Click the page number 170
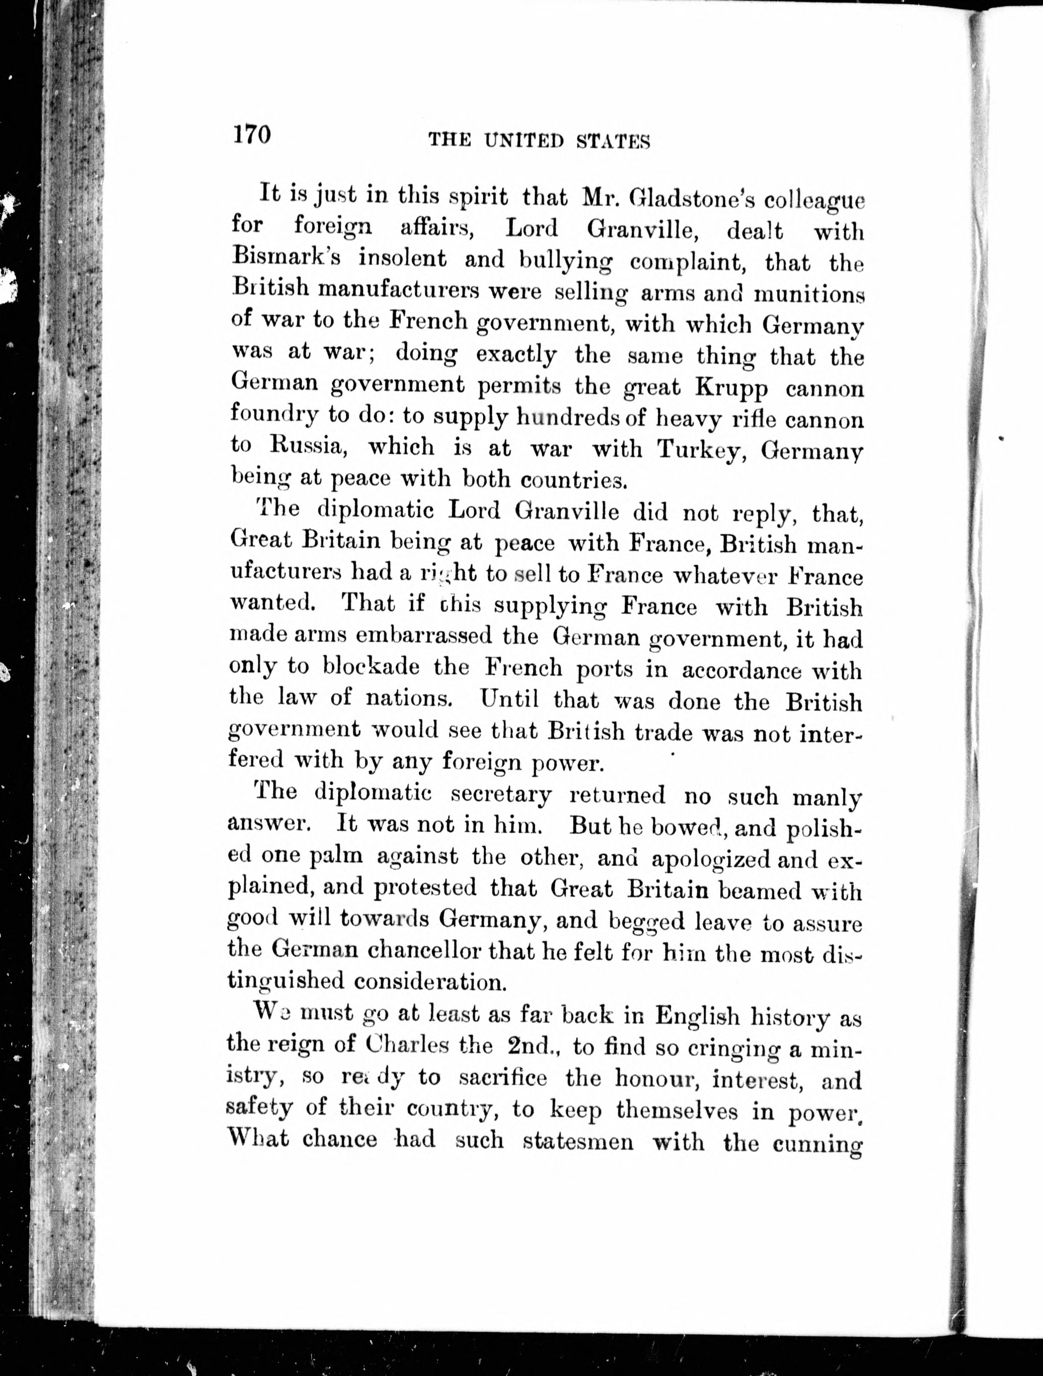click(x=252, y=135)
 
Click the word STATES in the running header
click(x=613, y=142)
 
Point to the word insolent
click(x=402, y=258)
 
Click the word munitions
click(x=809, y=294)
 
